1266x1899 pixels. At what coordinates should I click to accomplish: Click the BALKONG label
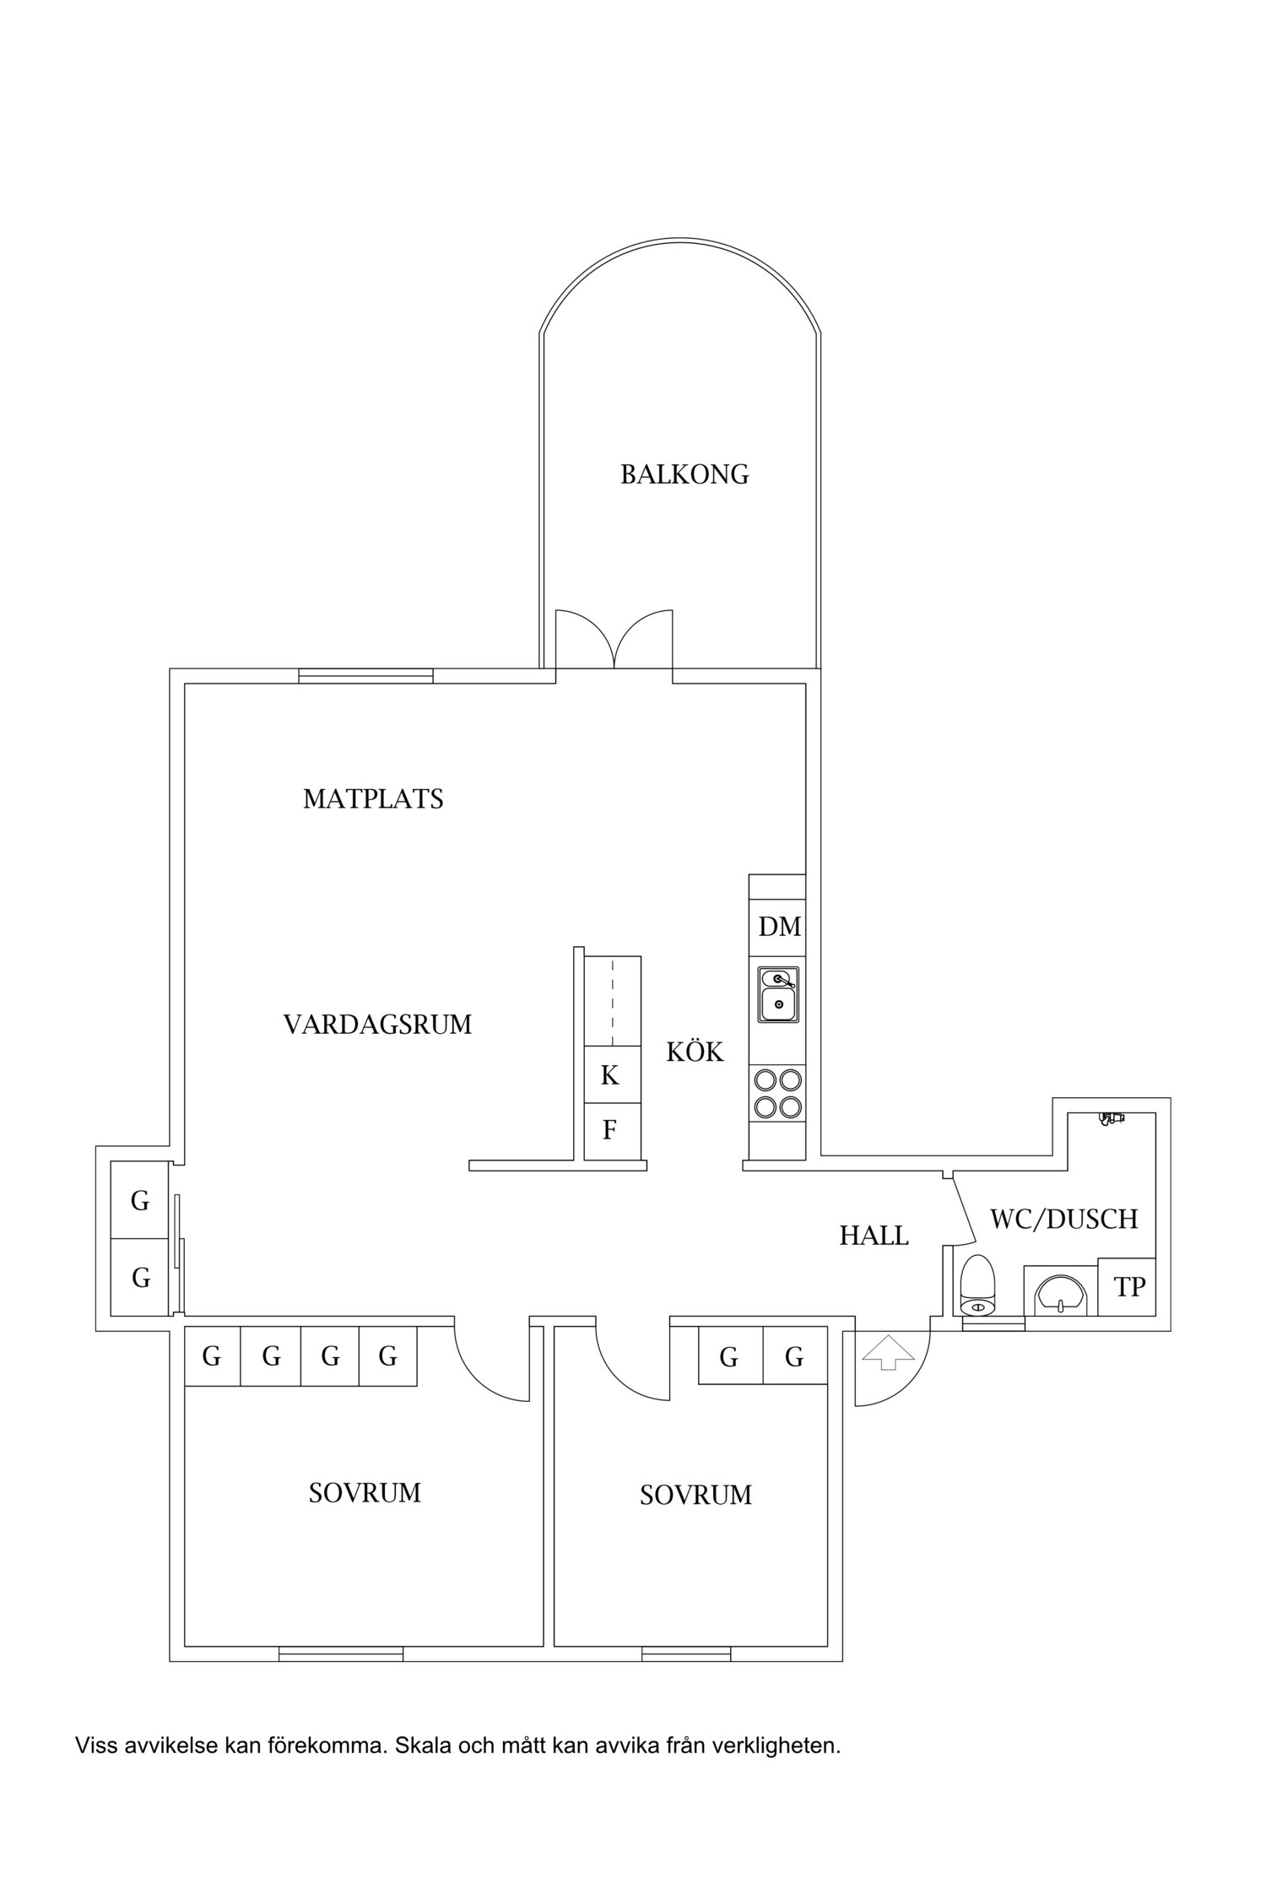pos(684,474)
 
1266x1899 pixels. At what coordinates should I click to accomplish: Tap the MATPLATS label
pos(373,798)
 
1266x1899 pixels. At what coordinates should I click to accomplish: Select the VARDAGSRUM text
pos(377,1025)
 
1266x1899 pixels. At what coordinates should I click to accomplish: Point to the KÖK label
pos(695,1052)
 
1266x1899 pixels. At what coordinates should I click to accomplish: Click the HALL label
pos(874,1236)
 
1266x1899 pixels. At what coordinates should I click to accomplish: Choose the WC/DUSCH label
pos(1063,1219)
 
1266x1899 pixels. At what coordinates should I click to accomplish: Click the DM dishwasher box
pos(778,927)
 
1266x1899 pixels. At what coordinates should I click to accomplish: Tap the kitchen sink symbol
pos(778,995)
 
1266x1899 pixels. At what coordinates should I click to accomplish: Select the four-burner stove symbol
pos(778,1093)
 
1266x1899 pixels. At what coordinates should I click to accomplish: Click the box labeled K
pos(610,1075)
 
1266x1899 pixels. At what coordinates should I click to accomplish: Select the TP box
pos(1129,1287)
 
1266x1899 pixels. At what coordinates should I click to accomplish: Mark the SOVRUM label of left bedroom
pos(365,1493)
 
